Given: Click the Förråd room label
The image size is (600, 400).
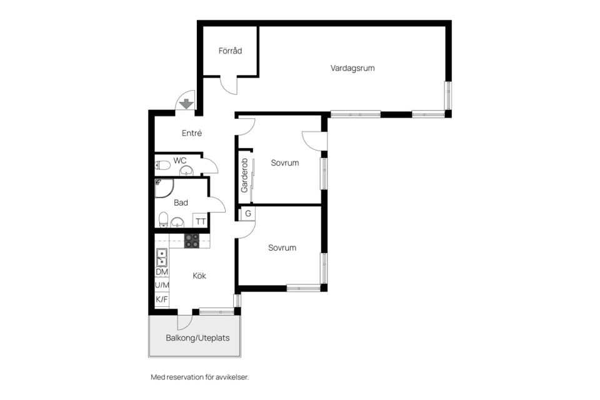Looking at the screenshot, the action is pos(231,51).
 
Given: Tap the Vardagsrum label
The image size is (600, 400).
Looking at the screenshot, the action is pos(352,68).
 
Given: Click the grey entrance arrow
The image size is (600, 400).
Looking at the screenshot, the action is pos(186,104).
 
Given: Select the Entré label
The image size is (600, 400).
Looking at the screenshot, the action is pos(192,133).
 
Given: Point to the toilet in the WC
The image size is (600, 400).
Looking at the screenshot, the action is pos(162,166).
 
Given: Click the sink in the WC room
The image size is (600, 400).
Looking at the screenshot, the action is pos(187,171).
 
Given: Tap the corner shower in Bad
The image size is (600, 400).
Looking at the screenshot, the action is pos(164,188).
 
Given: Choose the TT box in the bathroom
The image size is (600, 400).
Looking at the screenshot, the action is pos(201,221).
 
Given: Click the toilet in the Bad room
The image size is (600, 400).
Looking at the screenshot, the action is pos(163,219).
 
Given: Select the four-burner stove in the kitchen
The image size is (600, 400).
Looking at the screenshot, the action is pos(192,241).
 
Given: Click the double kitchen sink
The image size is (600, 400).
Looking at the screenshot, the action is pos(161,257).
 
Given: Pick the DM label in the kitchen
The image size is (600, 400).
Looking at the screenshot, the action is pos(162,272).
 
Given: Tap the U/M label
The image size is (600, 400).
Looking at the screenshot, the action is pos(162,285).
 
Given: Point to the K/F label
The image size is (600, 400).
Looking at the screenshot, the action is pos(162,299).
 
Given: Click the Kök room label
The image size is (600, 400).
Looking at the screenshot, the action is pos(199,276).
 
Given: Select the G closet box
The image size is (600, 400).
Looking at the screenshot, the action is pos(248,214).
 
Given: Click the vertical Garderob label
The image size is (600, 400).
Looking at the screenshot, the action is pos(244,175).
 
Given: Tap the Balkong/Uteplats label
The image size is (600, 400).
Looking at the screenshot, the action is pos(197,338).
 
